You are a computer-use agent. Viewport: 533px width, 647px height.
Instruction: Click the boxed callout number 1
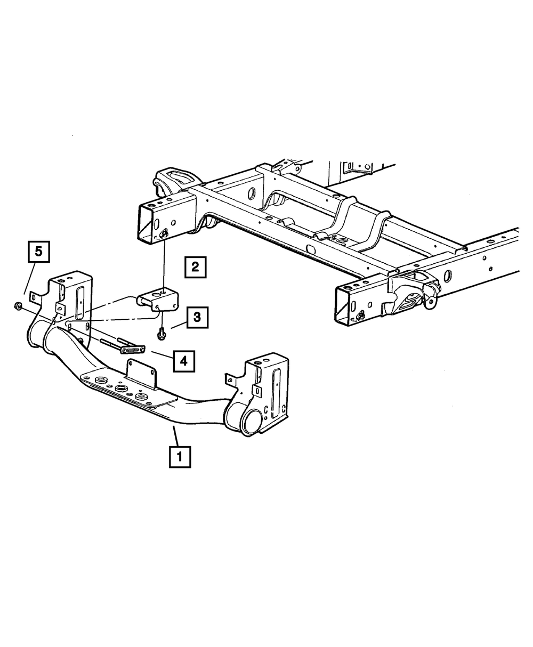(x=180, y=456)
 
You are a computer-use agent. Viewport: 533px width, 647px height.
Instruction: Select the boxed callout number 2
(x=195, y=266)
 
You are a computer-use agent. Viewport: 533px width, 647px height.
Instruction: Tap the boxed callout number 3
(x=197, y=318)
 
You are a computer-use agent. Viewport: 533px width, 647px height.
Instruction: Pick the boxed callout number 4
(x=183, y=361)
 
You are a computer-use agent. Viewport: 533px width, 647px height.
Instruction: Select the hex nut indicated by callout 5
(x=17, y=306)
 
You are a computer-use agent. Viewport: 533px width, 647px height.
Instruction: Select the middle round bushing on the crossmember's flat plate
(x=120, y=391)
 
